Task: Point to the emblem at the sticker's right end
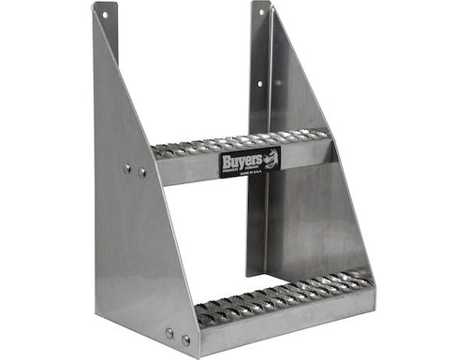(x=274, y=161)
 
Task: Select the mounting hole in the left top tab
(x=104, y=16)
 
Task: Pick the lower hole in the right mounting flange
(x=260, y=83)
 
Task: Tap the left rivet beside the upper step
(x=127, y=169)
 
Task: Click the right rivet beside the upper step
(x=141, y=172)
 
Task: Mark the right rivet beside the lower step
(x=184, y=338)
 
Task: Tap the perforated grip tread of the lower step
(x=281, y=295)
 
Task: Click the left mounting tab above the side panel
(x=104, y=28)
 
